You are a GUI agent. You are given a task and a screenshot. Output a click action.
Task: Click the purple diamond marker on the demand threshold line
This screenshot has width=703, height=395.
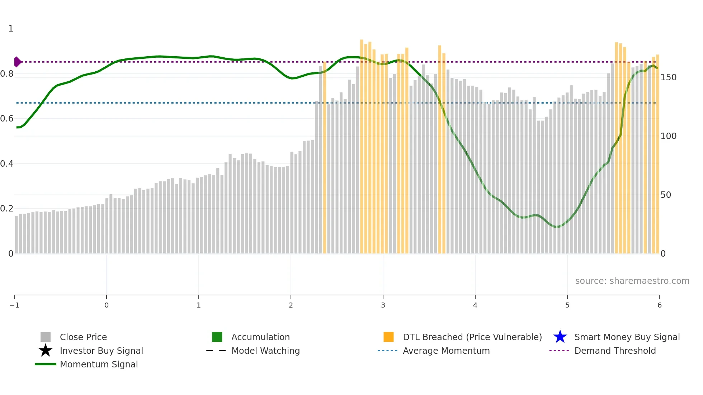click(17, 62)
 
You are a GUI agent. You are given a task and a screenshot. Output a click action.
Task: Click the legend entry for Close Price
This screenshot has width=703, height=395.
click(83, 337)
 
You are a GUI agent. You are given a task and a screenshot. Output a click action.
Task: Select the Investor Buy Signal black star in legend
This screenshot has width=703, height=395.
click(46, 351)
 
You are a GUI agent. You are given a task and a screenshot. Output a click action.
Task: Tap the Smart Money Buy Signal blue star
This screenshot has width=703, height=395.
click(560, 337)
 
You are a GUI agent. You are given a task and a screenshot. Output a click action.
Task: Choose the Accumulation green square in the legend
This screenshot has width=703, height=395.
click(217, 337)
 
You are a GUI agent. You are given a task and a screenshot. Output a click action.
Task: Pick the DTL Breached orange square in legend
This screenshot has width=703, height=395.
click(388, 337)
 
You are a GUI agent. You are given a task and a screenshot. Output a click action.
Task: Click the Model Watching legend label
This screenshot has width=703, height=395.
click(265, 351)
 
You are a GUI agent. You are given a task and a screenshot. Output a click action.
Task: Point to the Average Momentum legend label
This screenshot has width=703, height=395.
click(446, 351)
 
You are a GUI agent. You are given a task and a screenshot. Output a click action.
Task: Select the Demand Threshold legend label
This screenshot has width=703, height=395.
click(615, 351)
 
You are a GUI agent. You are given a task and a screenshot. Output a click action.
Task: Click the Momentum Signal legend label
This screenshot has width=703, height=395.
click(99, 364)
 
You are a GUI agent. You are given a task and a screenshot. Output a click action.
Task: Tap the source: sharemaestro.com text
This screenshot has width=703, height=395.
click(632, 281)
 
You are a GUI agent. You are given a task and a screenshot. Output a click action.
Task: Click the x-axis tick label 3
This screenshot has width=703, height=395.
click(383, 305)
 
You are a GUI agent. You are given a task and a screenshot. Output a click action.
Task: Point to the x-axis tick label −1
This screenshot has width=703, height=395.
click(14, 305)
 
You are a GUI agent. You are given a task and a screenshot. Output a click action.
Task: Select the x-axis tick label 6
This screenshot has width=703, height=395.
click(659, 305)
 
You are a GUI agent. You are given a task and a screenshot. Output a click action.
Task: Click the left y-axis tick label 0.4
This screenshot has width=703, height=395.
click(6, 164)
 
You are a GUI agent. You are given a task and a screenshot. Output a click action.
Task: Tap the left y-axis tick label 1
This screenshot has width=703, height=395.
click(11, 29)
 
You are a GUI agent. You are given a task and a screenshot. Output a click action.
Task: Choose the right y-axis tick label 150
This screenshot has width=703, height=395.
click(668, 77)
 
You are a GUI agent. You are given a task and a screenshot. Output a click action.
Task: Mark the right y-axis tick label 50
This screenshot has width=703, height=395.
click(666, 195)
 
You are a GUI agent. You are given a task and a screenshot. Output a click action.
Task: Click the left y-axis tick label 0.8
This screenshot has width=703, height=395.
click(6, 74)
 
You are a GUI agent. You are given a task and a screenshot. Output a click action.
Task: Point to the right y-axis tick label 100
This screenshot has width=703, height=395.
click(668, 136)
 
